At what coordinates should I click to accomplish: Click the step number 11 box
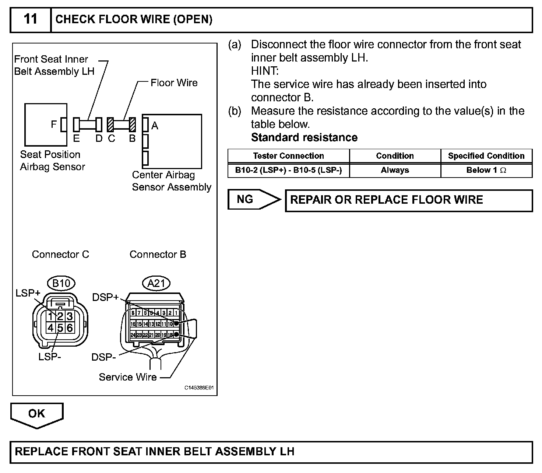pos(30,19)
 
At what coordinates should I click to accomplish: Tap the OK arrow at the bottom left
pos(37,414)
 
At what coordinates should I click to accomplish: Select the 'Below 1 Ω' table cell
pos(486,170)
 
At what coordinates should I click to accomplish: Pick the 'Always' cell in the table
pos(395,170)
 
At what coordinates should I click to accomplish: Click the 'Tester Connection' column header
pos(288,156)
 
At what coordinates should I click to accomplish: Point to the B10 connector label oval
pos(61,283)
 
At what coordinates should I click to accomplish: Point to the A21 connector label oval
pos(156,283)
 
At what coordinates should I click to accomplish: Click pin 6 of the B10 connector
pos(69,327)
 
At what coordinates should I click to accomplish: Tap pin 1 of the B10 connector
pos(50,316)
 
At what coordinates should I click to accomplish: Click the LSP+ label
pos(28,293)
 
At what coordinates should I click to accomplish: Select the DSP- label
pos(104,357)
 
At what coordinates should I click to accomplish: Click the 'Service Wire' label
pos(128,377)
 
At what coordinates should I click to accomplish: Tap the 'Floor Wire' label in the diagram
pos(174,83)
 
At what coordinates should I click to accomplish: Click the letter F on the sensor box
pos(54,125)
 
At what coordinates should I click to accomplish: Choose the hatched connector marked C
pos(110,125)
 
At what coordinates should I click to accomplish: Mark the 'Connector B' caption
pos(158,255)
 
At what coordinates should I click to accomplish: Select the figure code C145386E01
pos(199,388)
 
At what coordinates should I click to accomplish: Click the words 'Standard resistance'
pos(304,137)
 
